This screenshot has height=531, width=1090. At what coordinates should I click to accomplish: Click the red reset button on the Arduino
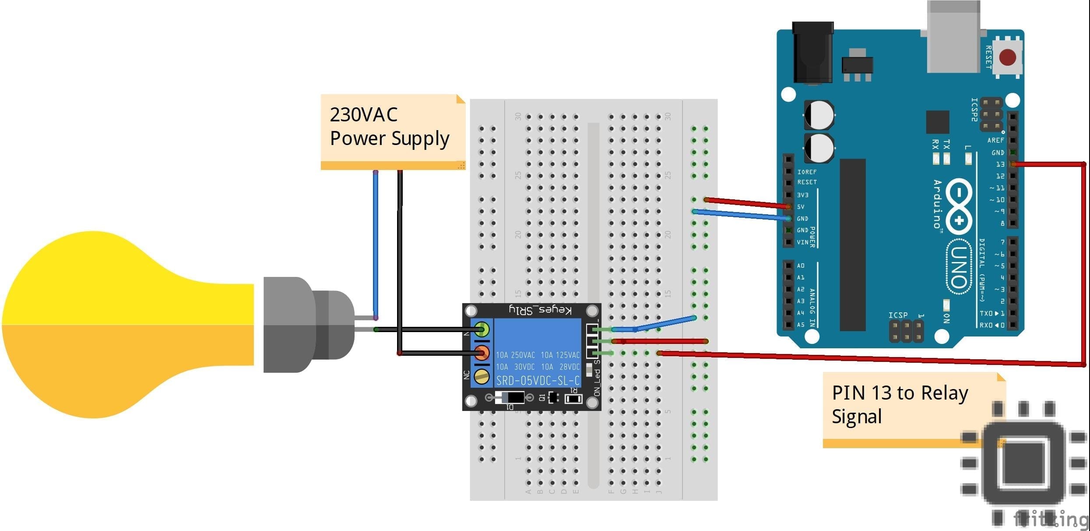tap(1007, 57)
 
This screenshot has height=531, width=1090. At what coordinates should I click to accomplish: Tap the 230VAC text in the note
tap(363, 115)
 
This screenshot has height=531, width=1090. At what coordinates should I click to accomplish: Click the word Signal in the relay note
tap(856, 416)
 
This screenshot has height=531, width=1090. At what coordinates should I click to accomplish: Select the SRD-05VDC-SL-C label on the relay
tap(538, 380)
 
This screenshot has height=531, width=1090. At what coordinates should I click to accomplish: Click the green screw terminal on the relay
tap(482, 329)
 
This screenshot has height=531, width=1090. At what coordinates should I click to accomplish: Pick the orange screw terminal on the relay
tap(482, 352)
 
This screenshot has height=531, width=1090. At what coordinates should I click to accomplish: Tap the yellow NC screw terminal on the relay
tap(482, 376)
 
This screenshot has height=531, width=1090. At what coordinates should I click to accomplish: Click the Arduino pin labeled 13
tap(1013, 164)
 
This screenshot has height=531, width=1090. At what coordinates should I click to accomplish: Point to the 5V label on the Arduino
tap(801, 207)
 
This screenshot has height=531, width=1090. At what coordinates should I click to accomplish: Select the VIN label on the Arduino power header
tap(802, 242)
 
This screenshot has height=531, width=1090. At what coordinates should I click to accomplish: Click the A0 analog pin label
tap(801, 265)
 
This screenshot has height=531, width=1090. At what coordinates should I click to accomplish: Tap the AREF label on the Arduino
tap(995, 140)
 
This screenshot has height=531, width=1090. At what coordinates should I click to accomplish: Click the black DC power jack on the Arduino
tap(813, 53)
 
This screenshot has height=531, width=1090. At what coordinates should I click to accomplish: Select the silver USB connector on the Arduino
tap(953, 37)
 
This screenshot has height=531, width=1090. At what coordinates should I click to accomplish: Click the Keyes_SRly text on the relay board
tap(540, 310)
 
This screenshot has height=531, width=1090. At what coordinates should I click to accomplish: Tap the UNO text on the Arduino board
tap(959, 266)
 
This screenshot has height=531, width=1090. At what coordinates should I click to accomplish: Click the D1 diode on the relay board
tap(510, 398)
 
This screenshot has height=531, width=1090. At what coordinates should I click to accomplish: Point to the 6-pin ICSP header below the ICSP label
tap(906, 332)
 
